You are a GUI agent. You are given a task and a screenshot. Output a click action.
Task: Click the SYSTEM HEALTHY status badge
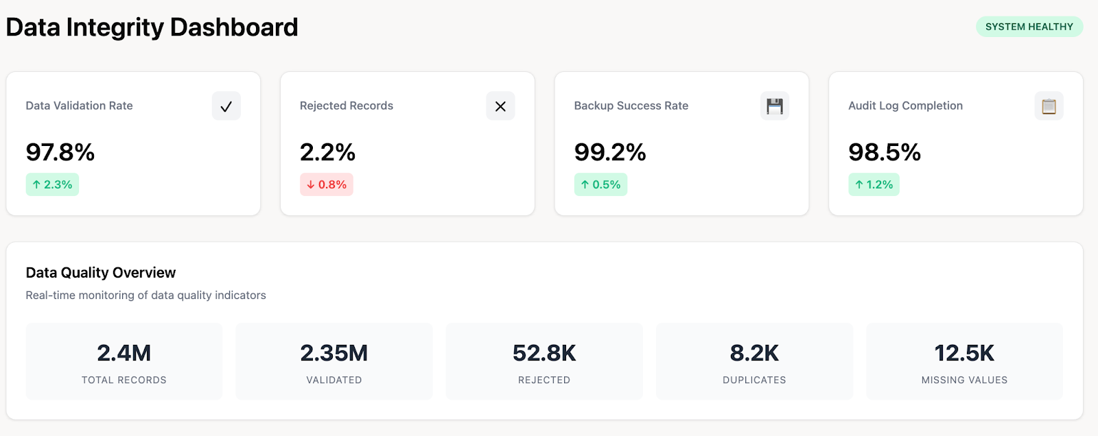1029,27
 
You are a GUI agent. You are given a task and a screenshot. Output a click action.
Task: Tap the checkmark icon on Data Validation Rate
226,106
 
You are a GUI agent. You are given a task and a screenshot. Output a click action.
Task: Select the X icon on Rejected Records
500,106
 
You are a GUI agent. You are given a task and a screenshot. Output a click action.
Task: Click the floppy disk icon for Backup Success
775,106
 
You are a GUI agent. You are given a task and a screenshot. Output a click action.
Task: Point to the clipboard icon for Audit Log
1049,106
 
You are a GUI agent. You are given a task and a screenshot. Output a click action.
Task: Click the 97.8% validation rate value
60,152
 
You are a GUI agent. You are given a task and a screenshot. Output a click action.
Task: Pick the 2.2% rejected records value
327,152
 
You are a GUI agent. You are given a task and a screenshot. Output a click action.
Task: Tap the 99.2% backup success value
610,152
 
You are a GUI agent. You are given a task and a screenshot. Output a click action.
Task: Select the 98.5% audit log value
885,152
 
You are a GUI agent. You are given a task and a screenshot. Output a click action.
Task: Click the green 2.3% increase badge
52,184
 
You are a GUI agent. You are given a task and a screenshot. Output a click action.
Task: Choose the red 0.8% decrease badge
327,184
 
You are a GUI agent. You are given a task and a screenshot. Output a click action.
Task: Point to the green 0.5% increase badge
600,184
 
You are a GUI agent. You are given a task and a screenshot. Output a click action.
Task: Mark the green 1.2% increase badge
874,184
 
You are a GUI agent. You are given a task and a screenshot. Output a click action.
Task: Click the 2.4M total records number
124,353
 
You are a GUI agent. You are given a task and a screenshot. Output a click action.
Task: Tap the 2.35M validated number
334,353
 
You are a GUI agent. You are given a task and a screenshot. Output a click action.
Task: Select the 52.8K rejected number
544,353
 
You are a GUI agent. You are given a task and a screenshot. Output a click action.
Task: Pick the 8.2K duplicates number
754,353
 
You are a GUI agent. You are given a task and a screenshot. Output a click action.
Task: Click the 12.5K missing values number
964,353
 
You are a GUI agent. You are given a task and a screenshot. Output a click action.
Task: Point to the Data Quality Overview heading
101,273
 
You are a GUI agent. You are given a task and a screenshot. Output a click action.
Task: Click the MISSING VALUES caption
964,380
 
